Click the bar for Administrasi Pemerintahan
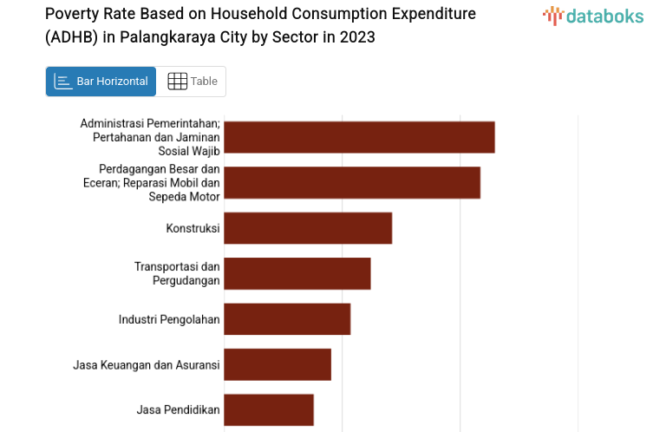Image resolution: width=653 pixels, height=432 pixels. click(x=359, y=137)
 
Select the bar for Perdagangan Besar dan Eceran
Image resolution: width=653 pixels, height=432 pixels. click(x=352, y=182)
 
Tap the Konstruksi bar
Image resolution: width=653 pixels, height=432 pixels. click(x=308, y=228)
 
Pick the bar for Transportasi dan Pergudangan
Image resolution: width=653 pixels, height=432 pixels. click(x=297, y=273)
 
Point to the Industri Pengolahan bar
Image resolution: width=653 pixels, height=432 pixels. click(x=287, y=319)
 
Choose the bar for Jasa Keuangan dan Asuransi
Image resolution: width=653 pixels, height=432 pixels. click(x=278, y=364)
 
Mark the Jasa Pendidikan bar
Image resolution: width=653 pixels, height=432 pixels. click(x=269, y=409)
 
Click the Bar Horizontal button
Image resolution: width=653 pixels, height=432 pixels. click(x=101, y=82)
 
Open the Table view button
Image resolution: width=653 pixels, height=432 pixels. click(x=193, y=82)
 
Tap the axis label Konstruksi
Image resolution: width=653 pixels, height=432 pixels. click(x=193, y=228)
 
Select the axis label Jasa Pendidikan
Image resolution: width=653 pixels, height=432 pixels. click(x=178, y=409)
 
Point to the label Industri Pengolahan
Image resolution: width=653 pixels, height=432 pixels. click(x=169, y=319)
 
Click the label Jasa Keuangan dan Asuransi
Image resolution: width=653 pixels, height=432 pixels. click(x=147, y=364)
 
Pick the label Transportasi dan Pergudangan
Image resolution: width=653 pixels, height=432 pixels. click(x=177, y=273)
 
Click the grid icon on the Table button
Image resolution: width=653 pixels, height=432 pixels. click(x=177, y=82)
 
